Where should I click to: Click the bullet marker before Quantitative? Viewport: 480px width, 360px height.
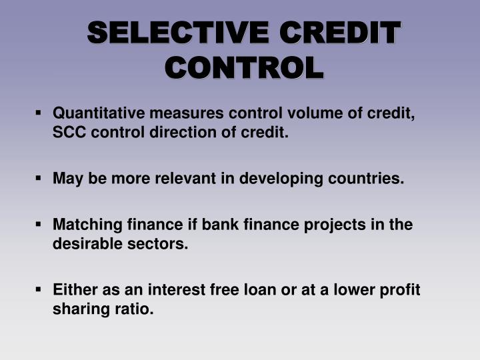coord(41,113)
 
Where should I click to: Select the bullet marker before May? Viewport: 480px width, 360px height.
coord(41,179)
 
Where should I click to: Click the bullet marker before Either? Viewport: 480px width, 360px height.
coord(41,291)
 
